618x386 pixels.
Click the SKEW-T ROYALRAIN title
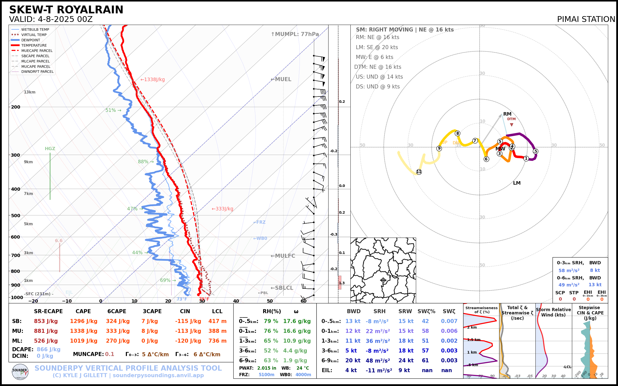(x=66, y=10)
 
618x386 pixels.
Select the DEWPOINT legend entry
(x=31, y=40)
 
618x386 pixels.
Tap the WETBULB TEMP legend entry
(x=35, y=30)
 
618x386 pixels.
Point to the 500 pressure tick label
(x=16, y=215)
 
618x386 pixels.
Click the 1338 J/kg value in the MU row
(x=84, y=331)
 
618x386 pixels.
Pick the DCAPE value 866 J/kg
(x=49, y=349)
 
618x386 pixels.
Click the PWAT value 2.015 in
(x=267, y=368)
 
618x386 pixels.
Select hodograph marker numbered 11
(x=419, y=172)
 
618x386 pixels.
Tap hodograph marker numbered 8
(x=458, y=133)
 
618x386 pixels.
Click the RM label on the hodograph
(x=507, y=114)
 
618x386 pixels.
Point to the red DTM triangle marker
(x=511, y=124)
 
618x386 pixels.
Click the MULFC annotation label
(x=283, y=256)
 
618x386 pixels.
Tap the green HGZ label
(x=50, y=149)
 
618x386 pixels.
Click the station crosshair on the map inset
(x=383, y=280)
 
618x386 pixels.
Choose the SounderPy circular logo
(x=20, y=372)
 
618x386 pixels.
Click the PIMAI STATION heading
(x=586, y=19)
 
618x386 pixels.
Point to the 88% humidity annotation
(x=143, y=162)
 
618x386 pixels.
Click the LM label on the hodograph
(x=517, y=183)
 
